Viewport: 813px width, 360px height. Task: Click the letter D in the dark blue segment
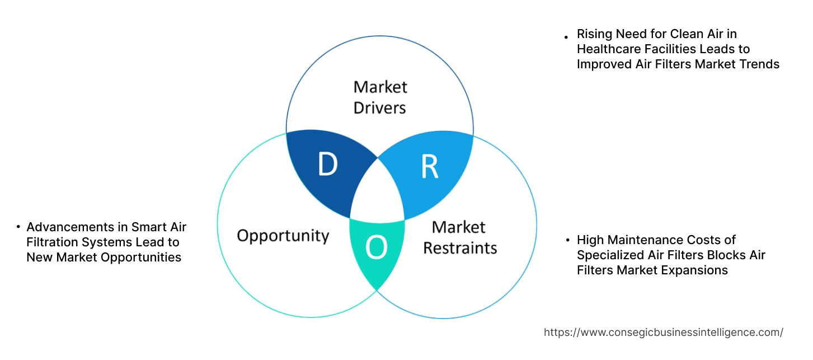pyautogui.click(x=327, y=165)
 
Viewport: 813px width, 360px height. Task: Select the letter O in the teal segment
pyautogui.click(x=377, y=248)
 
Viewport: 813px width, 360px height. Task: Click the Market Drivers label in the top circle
pyautogui.click(x=380, y=97)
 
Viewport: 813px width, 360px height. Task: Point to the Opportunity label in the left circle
pyautogui.click(x=283, y=235)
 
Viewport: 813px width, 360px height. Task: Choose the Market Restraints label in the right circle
pyautogui.click(x=459, y=237)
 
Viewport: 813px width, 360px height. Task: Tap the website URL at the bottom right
pyautogui.click(x=663, y=332)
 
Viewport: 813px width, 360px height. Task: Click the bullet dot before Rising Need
pyautogui.click(x=566, y=36)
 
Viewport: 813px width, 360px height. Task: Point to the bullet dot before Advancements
pyautogui.click(x=18, y=227)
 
